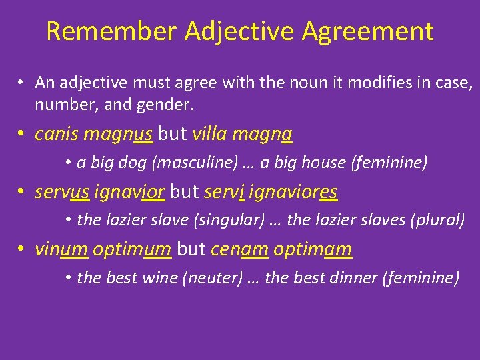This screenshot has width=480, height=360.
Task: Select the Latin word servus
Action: coord(62,192)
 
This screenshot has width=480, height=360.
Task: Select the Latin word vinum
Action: coord(61,249)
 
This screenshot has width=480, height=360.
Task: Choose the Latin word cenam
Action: coord(239,249)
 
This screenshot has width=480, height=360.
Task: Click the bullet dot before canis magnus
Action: coord(22,135)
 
